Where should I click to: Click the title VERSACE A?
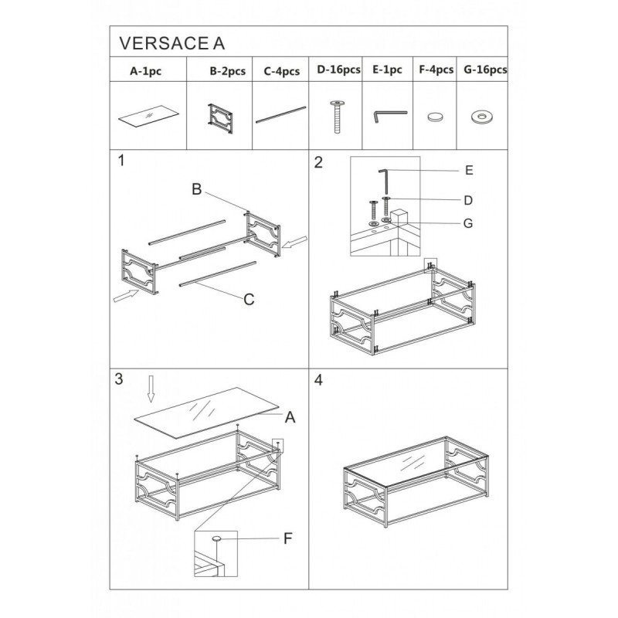coord(171,43)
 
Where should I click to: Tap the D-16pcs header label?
coord(338,70)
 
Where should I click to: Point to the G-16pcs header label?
coord(485,70)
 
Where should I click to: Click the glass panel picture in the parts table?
coord(148,115)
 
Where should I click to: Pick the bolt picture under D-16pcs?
coord(337,117)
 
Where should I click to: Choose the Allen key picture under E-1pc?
coord(389,115)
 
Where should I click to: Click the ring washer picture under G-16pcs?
coord(482,117)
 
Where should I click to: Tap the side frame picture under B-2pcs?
coord(220,119)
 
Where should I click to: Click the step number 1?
coord(121,161)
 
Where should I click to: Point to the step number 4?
coord(318,380)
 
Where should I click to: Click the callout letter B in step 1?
coord(197,189)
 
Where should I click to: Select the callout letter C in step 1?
coord(249,300)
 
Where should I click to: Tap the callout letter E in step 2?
coord(469,170)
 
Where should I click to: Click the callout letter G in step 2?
coord(468,223)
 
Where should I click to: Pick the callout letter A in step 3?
coord(290,417)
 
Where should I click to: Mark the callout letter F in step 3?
coord(288,538)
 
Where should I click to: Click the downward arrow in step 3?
coord(151,389)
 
